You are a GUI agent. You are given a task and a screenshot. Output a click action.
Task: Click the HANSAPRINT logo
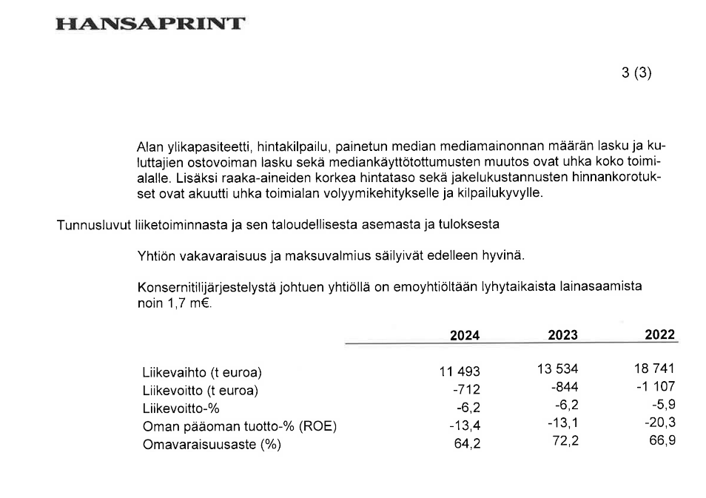coord(149,24)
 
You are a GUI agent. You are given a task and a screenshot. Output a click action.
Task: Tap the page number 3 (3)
coord(636,73)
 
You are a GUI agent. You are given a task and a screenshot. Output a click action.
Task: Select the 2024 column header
coord(465,335)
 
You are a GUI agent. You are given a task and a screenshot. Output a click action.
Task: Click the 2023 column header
coord(563,335)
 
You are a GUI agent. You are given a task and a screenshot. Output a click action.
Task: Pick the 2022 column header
coord(660,334)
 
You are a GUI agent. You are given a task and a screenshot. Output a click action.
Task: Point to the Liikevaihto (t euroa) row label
coord(202,371)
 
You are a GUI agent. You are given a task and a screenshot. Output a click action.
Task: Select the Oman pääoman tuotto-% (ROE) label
coord(239,426)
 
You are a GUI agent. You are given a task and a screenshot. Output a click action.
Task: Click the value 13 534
coord(558,369)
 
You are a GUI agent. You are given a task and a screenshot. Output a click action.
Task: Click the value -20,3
coord(659,423)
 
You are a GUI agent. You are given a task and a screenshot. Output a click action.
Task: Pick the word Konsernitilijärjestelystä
coord(206,287)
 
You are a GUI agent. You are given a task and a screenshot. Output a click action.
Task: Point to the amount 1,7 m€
coord(192,303)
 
